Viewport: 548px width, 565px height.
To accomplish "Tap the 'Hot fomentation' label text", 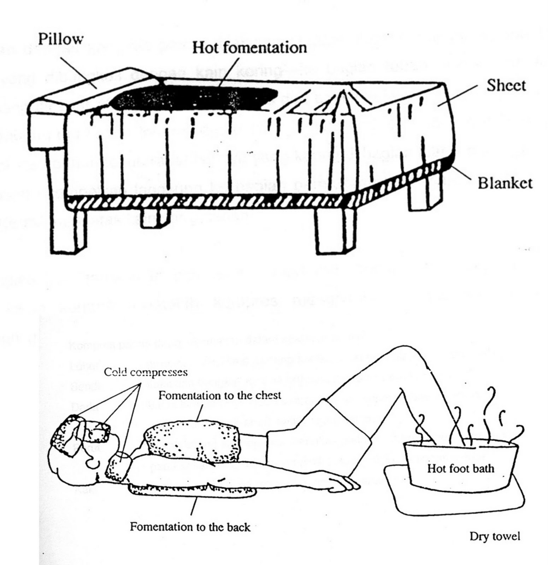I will tap(249, 48).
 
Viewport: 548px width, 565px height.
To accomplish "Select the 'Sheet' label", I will tap(506, 85).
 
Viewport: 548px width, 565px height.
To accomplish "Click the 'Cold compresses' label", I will tap(146, 373).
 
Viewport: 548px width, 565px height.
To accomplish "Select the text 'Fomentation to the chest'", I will tap(219, 395).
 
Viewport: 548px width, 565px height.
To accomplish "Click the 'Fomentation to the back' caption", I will tap(190, 527).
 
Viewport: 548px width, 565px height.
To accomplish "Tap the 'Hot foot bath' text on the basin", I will tap(460, 469).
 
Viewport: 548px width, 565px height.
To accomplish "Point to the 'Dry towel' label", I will tap(495, 536).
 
